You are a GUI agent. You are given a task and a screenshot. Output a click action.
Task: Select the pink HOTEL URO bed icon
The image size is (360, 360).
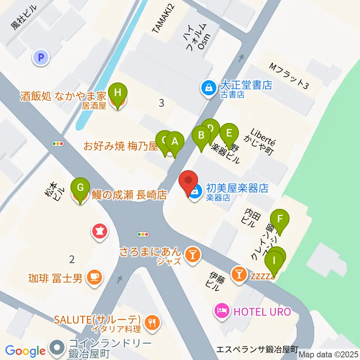tap(221, 311)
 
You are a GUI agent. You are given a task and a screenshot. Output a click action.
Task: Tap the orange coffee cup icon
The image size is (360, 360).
tap(93, 277)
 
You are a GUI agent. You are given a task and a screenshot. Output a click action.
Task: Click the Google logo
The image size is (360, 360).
tap(25, 351)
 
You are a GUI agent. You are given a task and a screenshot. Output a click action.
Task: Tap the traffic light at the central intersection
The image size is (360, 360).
tap(143, 234)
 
